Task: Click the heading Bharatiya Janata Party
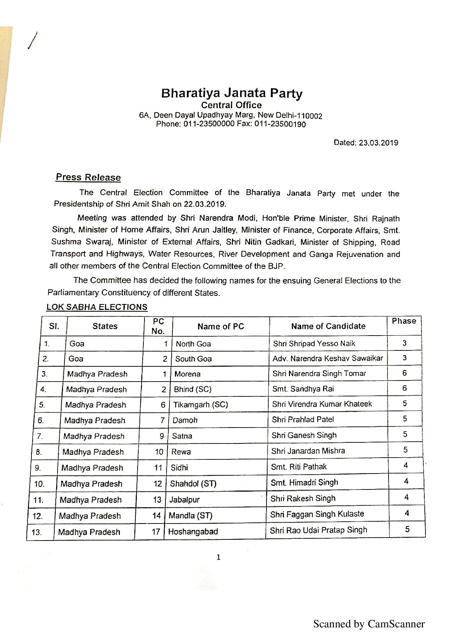pyautogui.click(x=232, y=93)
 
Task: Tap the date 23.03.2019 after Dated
pyautogui.click(x=378, y=143)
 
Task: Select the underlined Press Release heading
pyautogui.click(x=88, y=177)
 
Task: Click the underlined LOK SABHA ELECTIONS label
pyautogui.click(x=97, y=307)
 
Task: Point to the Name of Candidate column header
pyautogui.click(x=328, y=326)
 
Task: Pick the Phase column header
pyautogui.click(x=404, y=321)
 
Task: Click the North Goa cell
pyautogui.click(x=193, y=344)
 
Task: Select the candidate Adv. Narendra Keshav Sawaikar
pyautogui.click(x=328, y=358)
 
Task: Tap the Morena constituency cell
pyautogui.click(x=188, y=374)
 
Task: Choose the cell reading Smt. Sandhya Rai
pyautogui.click(x=303, y=389)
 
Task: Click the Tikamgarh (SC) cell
pyautogui.click(x=201, y=405)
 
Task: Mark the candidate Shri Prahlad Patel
pyautogui.click(x=303, y=420)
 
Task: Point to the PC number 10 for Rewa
pyautogui.click(x=159, y=452)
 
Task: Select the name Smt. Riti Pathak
pyautogui.click(x=299, y=467)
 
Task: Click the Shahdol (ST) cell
pyautogui.click(x=193, y=484)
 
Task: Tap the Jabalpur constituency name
pyautogui.click(x=185, y=500)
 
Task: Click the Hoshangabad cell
pyautogui.click(x=193, y=532)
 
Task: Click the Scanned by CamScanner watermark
pyautogui.click(x=369, y=624)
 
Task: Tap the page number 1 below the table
pyautogui.click(x=218, y=558)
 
